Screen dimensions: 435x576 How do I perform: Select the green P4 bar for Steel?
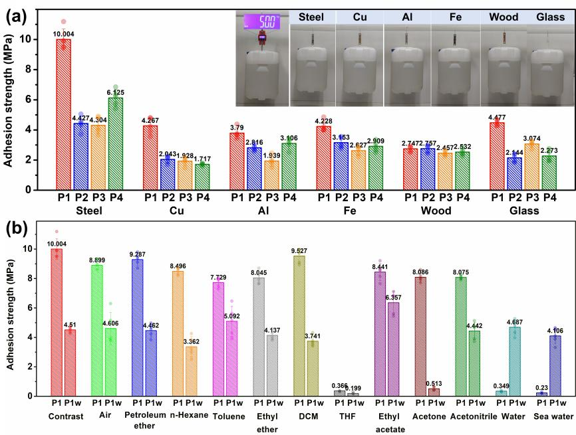point(116,143)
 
